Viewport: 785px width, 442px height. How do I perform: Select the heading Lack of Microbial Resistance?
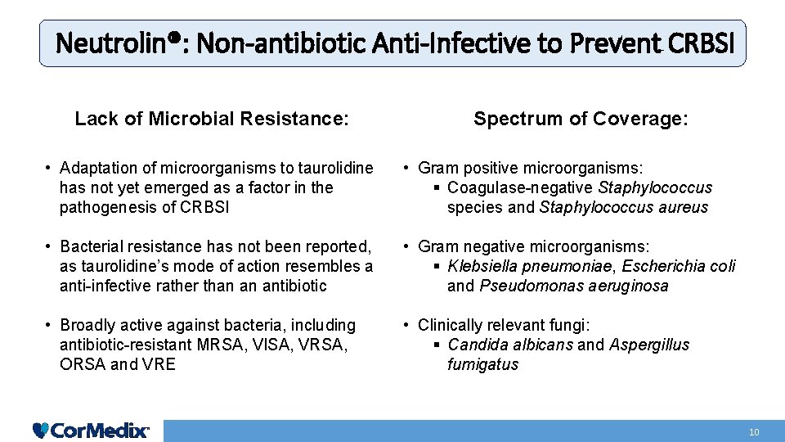point(212,119)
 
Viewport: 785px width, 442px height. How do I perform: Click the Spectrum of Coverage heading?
point(581,119)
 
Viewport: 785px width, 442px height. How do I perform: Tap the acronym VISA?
point(271,345)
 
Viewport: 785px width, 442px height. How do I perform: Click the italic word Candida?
point(478,345)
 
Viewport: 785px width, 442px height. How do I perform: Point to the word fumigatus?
point(482,364)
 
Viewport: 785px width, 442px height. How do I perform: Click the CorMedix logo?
point(91,430)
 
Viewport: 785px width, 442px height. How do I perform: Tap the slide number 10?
point(754,431)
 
